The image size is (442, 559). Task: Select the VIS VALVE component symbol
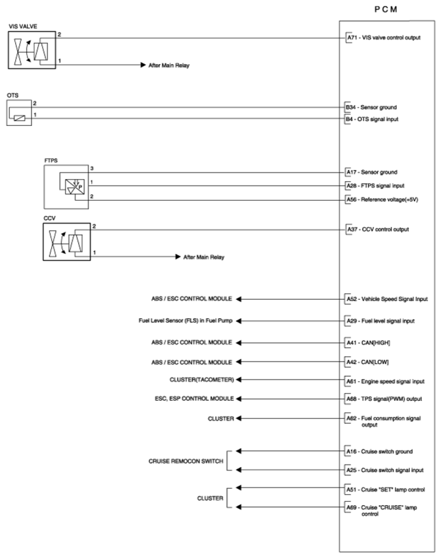pyautogui.click(x=32, y=49)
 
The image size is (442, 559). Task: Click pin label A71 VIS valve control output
pyautogui.click(x=383, y=37)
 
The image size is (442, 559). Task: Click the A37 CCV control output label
pyautogui.click(x=378, y=230)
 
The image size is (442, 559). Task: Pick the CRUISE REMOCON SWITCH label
pyautogui.click(x=186, y=461)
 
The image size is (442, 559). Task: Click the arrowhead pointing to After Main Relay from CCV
pyautogui.click(x=178, y=257)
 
